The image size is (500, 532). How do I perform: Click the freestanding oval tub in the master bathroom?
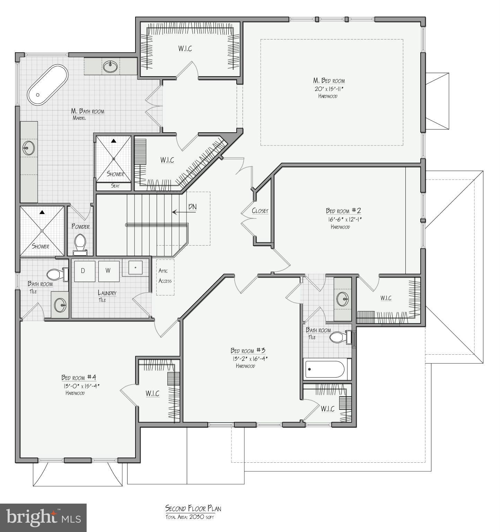coord(48,85)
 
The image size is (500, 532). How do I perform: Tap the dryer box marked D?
coord(83,271)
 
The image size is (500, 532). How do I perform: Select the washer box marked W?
coord(108,271)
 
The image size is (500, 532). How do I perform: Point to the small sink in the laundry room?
coord(135,267)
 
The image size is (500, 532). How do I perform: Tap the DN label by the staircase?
coord(192,207)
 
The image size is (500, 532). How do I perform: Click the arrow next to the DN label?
coord(179,212)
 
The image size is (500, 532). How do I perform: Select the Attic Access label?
coord(165,276)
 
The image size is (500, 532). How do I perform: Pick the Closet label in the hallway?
coord(260,211)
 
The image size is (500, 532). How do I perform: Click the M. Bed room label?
coord(329,81)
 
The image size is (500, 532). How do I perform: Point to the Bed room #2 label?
coord(343,211)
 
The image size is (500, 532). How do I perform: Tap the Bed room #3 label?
coord(248,351)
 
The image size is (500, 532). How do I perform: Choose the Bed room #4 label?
coord(79,377)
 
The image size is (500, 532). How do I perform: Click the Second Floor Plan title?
coord(193,508)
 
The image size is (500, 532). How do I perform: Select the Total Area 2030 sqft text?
coord(189,517)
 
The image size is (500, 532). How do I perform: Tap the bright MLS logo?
coord(43,517)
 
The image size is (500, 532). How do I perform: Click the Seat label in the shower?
coord(115,186)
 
